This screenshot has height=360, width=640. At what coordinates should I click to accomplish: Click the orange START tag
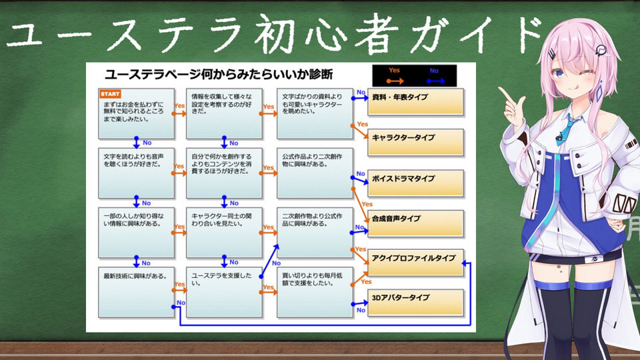click(109, 94)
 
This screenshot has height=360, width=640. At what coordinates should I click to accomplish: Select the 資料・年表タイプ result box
click(415, 101)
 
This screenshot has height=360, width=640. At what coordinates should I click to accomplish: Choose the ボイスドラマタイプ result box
click(415, 182)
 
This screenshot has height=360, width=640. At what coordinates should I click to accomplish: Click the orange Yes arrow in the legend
click(395, 79)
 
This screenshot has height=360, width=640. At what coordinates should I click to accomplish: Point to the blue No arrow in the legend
click(435, 79)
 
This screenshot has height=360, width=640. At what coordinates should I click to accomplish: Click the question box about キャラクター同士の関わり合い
click(223, 233)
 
